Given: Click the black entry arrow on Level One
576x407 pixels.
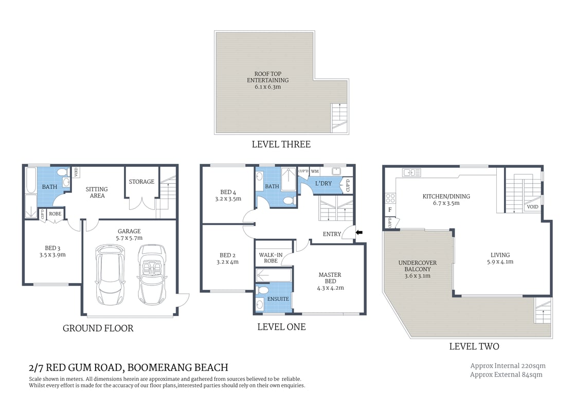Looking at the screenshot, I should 359,233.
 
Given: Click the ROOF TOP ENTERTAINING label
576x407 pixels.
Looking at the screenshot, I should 267,77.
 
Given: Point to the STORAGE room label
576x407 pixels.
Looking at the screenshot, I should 141,182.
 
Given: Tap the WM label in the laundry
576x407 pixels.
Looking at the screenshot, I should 315,171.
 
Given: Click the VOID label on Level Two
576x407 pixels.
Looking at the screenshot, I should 532,207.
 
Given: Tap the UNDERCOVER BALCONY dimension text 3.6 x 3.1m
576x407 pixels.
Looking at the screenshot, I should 417,276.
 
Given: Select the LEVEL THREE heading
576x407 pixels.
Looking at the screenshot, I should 281,144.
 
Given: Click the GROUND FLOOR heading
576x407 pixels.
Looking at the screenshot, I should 98,328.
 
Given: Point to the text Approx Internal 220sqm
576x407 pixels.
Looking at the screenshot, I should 508,366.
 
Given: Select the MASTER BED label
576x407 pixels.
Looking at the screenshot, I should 330,278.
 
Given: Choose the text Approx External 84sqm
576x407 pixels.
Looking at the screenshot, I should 506,375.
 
